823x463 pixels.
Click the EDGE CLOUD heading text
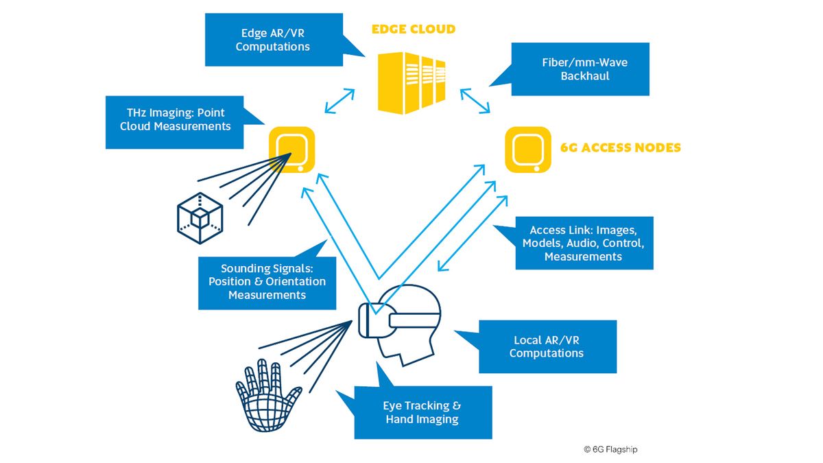[413, 29]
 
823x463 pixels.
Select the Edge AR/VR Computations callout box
[273, 40]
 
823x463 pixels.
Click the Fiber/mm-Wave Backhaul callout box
[580, 69]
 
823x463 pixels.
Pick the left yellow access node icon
[291, 148]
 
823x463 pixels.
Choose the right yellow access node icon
[529, 148]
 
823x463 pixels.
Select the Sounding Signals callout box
[267, 282]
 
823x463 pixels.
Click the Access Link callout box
[583, 243]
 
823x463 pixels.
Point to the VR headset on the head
[398, 320]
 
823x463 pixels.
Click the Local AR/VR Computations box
[547, 346]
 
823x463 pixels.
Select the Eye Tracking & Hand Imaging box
[422, 412]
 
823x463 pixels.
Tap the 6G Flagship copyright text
[610, 449]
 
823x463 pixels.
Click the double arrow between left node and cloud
[339, 101]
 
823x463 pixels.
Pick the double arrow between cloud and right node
[475, 101]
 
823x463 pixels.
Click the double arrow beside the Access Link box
[473, 233]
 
